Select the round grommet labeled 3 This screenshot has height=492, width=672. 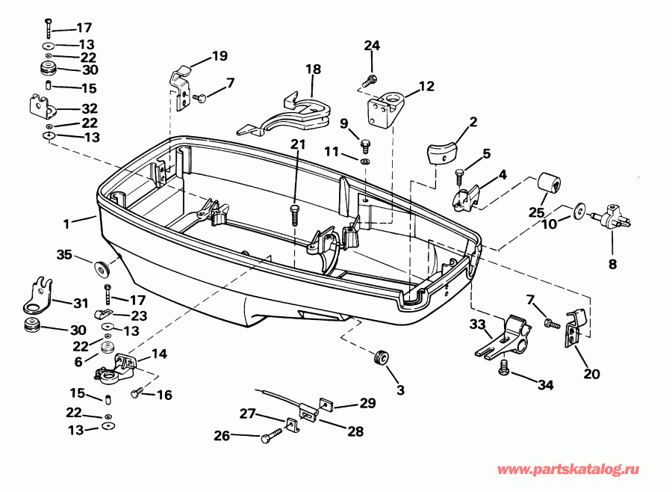381,358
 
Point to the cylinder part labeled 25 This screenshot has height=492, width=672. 551,185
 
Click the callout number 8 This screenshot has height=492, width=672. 612,263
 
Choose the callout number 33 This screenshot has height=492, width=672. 477,324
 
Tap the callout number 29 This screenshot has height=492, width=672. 367,403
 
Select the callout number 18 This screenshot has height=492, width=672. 313,70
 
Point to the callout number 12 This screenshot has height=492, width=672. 426,87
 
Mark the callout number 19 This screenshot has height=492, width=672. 219,55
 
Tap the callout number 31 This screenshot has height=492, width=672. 80,304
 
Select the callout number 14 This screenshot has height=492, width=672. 159,353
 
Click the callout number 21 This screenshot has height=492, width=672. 297,144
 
